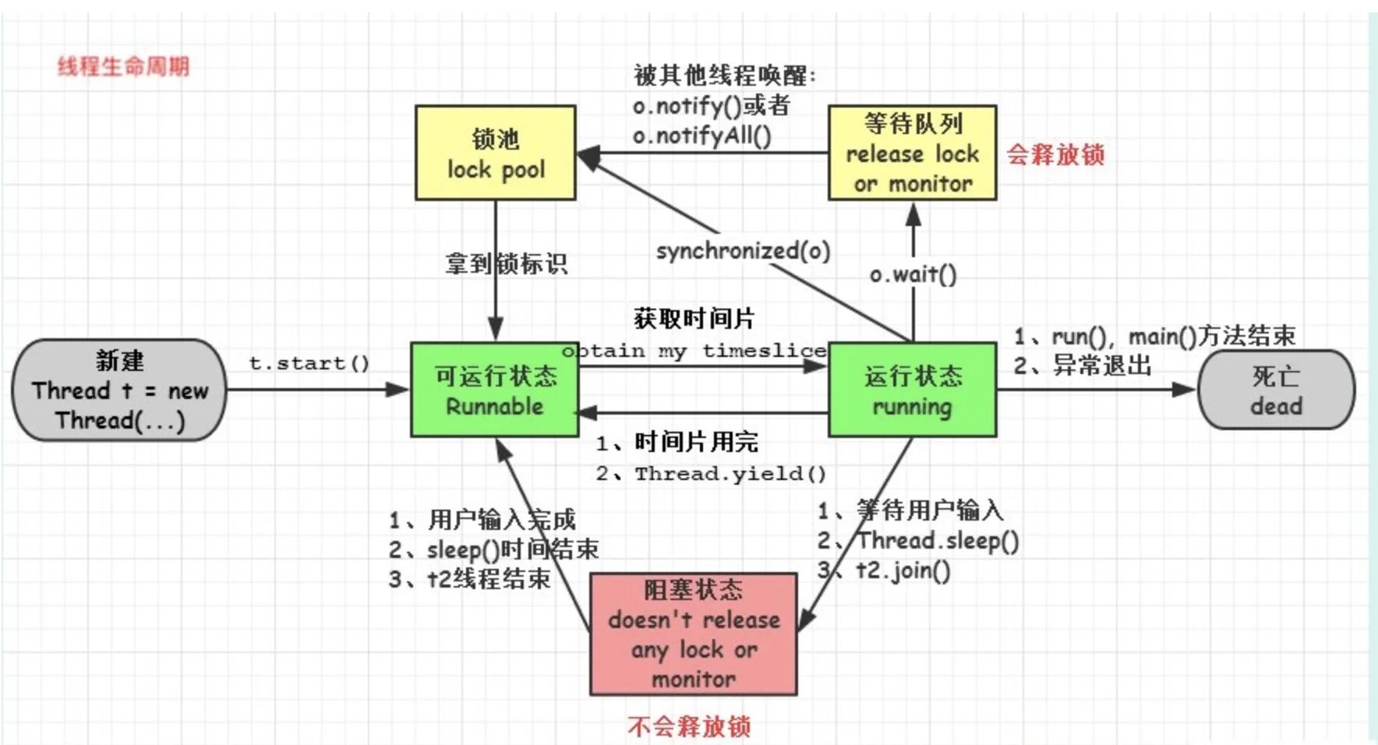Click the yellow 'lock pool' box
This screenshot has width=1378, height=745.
pos(496,153)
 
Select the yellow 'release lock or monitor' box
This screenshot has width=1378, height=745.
pos(912,153)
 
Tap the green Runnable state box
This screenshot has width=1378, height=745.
pos(494,390)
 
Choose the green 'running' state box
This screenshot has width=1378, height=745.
pos(912,390)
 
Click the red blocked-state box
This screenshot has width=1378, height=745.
pos(693,634)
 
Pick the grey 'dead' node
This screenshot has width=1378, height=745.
pos(1276,390)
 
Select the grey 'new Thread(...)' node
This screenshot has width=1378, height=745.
pos(119,390)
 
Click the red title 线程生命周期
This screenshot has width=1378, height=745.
pos(123,66)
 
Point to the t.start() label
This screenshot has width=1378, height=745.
pos(309,363)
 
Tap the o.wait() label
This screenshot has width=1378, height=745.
pos(913,274)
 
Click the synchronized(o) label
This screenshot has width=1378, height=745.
pos(743,251)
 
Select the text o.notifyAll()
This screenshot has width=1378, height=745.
pos(701,136)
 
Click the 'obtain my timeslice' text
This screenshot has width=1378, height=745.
pos(694,351)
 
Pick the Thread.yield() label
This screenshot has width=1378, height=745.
pos(730,473)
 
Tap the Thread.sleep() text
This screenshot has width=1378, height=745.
pos(938,541)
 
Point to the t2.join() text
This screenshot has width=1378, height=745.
pos(903,570)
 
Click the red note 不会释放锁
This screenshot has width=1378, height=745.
pos(689,726)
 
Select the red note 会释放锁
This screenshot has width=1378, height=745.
pos(1055,154)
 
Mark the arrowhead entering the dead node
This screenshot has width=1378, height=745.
pos(1184,390)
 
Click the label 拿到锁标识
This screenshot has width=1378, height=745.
pos(507,263)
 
